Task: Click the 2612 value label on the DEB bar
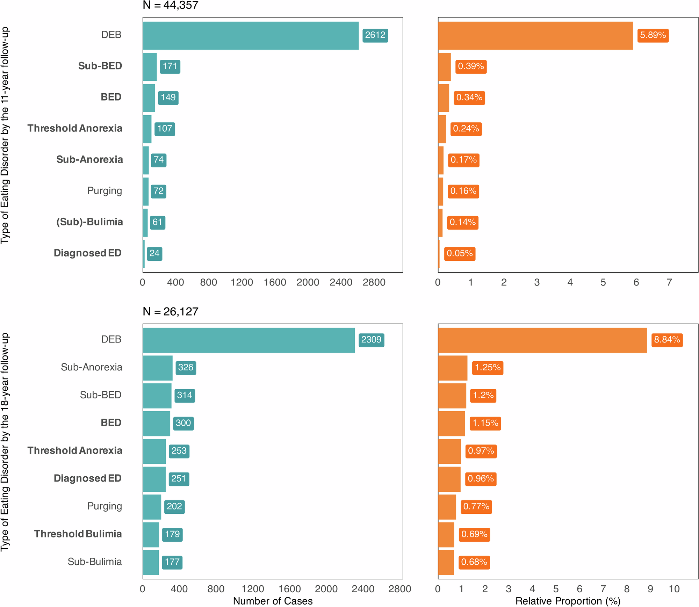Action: click(375, 35)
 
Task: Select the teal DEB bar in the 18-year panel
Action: click(248, 340)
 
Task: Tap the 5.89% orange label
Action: click(653, 35)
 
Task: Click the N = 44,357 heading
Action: click(170, 5)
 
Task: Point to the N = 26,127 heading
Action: click(170, 311)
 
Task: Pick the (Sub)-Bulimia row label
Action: click(89, 222)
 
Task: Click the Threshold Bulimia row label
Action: click(78, 534)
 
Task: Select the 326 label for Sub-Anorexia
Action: click(186, 368)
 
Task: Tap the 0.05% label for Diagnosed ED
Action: click(459, 253)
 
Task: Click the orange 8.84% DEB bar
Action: click(542, 340)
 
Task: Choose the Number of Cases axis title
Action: click(273, 601)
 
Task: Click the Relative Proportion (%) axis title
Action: click(568, 601)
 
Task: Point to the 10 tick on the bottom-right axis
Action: click(674, 589)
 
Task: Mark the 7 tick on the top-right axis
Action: click(669, 282)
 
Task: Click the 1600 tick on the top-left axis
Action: click(275, 282)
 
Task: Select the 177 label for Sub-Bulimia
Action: click(172, 562)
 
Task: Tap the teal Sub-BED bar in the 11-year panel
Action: click(150, 67)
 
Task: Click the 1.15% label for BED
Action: click(485, 423)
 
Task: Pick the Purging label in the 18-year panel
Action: click(105, 506)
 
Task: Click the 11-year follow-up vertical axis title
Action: click(5, 136)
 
